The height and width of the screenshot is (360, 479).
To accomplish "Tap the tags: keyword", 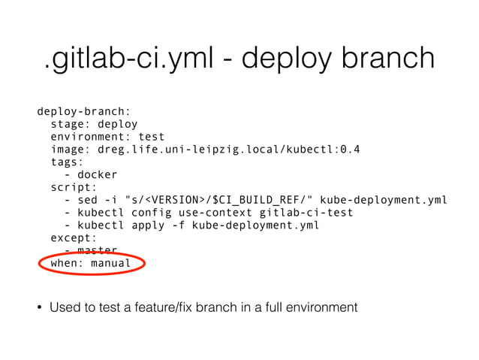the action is pyautogui.click(x=66, y=162).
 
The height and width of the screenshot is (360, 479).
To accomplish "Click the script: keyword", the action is pyautogui.click(x=73, y=186).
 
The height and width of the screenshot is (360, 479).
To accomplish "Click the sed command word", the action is pyautogui.click(x=87, y=199).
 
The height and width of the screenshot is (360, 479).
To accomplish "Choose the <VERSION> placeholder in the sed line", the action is pyautogui.click(x=173, y=199).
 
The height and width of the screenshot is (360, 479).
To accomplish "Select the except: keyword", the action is pyautogui.click(x=73, y=237).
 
